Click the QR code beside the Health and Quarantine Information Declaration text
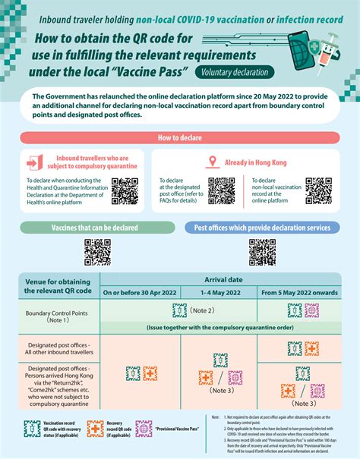123,190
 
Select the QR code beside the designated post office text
221,190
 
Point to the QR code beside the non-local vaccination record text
318,190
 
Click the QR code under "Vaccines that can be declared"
96,252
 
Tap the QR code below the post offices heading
262,252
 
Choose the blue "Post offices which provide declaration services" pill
262,228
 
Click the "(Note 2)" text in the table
203,311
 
